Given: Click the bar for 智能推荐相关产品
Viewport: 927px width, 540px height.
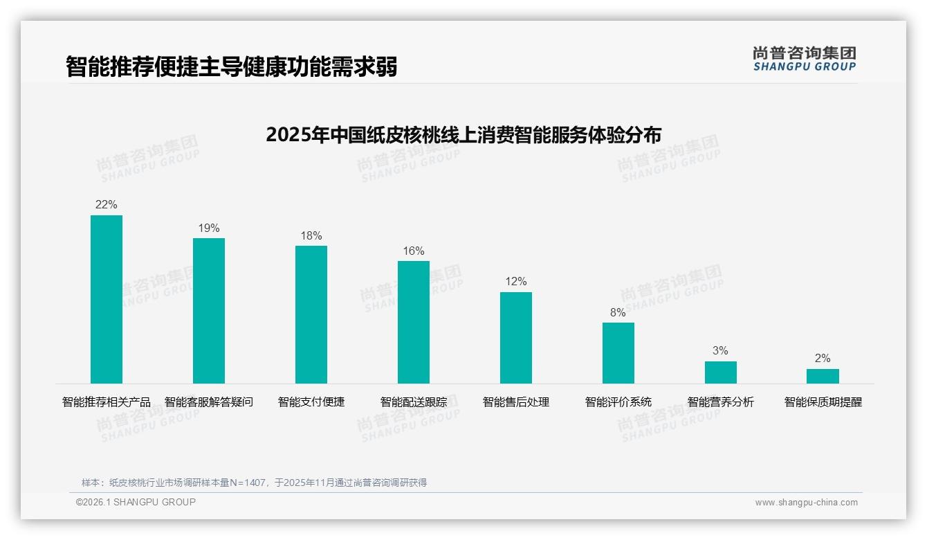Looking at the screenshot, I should click(107, 299).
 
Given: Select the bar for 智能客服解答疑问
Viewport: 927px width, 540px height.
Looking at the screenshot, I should click(209, 311).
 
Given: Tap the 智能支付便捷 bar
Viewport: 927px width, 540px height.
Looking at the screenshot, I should click(311, 314).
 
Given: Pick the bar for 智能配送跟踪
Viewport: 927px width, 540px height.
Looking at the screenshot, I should click(414, 322).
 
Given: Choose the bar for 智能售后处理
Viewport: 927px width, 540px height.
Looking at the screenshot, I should click(516, 338).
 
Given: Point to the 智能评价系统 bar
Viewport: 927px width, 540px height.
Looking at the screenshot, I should click(618, 353).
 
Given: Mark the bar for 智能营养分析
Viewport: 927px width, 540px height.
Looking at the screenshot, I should click(721, 372).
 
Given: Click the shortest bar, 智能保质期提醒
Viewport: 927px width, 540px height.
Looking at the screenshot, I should click(823, 376).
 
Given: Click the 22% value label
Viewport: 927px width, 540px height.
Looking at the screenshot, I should click(107, 205).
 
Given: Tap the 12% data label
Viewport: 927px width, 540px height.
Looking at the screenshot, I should click(516, 282).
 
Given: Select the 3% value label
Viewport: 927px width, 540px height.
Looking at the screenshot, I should click(721, 351).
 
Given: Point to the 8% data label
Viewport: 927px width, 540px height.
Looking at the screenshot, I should click(618, 313).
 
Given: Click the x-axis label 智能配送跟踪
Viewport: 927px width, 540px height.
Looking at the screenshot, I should click(414, 402).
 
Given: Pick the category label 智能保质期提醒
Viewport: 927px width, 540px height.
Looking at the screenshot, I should click(823, 402).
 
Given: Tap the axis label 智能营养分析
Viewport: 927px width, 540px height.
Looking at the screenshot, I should click(721, 402).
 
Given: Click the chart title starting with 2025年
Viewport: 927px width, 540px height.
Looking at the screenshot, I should click(463, 134).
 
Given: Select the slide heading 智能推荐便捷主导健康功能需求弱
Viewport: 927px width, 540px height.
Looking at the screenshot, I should click(232, 67).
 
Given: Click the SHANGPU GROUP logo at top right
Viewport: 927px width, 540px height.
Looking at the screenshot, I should click(805, 59).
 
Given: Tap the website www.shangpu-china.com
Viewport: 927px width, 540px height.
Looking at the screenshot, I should click(806, 503).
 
